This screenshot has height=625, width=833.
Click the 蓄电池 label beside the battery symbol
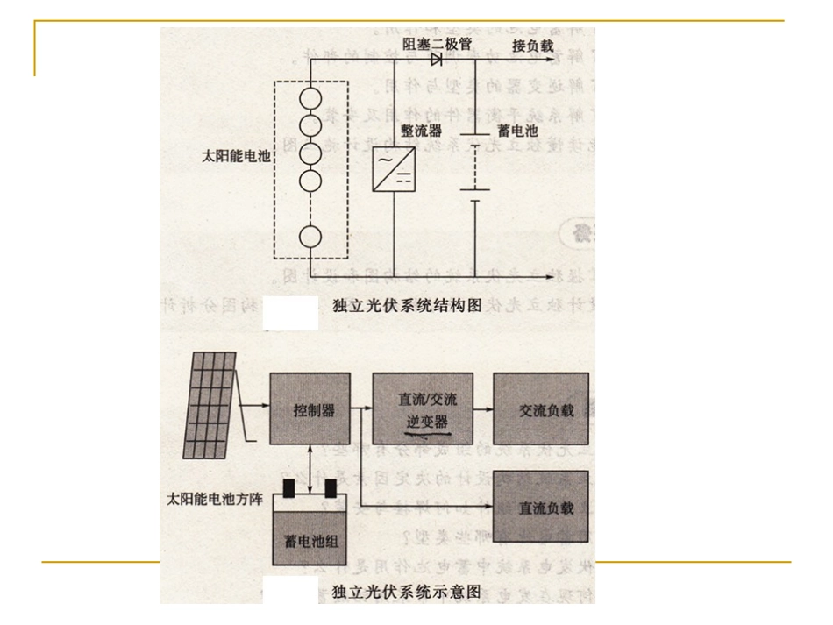[x=511, y=131]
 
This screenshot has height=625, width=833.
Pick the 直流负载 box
[x=541, y=507]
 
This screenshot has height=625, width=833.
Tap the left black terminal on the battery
[x=288, y=488]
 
